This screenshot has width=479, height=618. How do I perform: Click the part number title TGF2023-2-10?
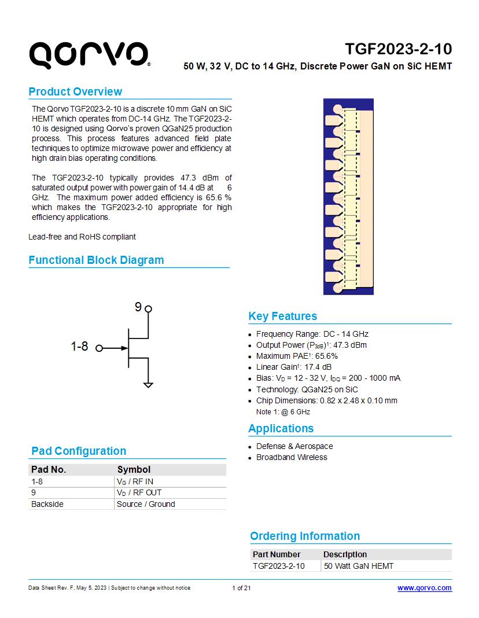tap(399, 48)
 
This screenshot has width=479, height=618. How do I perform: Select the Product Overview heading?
tap(75, 91)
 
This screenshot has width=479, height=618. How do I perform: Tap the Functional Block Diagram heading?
tap(96, 260)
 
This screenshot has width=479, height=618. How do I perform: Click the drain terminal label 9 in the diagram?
tap(138, 307)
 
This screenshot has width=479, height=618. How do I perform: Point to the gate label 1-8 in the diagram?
tap(79, 347)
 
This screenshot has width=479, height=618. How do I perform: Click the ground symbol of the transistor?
tap(148, 384)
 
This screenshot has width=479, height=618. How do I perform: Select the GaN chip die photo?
tap(348, 197)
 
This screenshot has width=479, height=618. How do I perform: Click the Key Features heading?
tap(282, 316)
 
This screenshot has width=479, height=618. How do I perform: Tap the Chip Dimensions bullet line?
tap(326, 400)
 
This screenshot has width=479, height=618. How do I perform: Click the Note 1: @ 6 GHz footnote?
tap(283, 412)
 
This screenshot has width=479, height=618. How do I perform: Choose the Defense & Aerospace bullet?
tap(294, 446)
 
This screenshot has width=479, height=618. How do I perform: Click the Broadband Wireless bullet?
tap(292, 457)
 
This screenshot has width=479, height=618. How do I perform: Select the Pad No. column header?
tap(49, 469)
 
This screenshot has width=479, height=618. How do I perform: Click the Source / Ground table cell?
tap(146, 504)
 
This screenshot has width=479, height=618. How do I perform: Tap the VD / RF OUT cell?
tap(139, 492)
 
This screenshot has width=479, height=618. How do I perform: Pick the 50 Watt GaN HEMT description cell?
tap(359, 566)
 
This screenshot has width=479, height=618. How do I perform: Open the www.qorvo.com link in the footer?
tap(424, 588)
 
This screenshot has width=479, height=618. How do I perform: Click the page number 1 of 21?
tap(241, 588)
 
